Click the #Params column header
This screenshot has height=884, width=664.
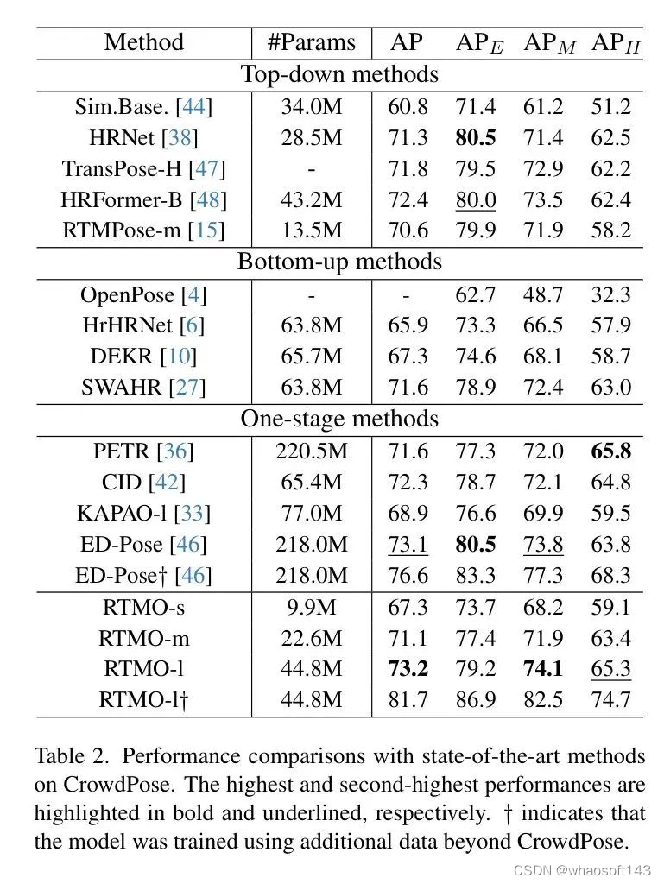(311, 42)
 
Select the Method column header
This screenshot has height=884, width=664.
(143, 42)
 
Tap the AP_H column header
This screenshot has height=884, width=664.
(616, 43)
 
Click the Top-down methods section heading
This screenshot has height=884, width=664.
(339, 74)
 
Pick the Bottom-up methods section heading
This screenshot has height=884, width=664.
(339, 262)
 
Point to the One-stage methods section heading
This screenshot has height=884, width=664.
(339, 419)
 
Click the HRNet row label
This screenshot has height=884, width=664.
(143, 137)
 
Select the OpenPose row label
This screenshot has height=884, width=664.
(143, 294)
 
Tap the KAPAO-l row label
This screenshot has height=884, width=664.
(143, 514)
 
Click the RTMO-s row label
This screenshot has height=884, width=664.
(143, 608)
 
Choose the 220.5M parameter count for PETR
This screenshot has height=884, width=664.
(311, 451)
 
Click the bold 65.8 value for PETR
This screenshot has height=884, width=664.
(611, 451)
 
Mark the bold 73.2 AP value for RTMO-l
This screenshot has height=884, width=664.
(408, 669)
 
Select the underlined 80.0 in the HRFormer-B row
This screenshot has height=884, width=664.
(476, 200)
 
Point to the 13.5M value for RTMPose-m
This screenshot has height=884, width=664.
(311, 230)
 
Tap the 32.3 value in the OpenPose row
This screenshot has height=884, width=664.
(611, 294)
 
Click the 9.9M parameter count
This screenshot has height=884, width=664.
(311, 608)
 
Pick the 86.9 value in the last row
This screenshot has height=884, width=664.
(476, 699)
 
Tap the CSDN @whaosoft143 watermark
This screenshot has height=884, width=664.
(582, 870)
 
